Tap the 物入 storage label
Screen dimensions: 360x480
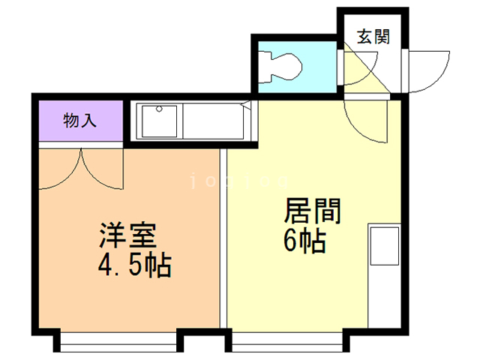point(79,120)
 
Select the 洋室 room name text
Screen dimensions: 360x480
point(127,236)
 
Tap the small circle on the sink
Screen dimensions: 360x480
point(158,109)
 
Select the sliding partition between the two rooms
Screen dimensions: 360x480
point(223,236)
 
